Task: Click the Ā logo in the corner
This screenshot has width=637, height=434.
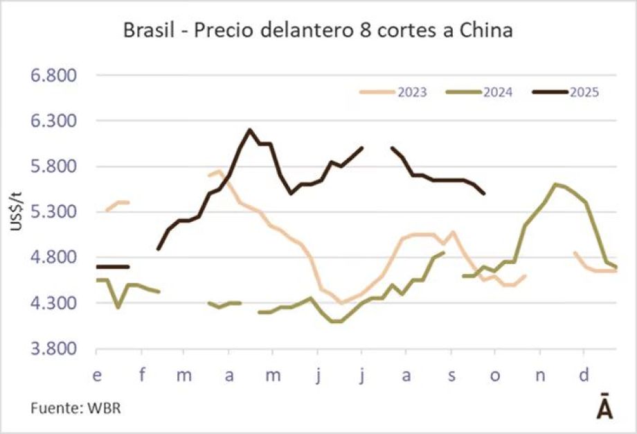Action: [604, 408]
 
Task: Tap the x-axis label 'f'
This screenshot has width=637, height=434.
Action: [143, 376]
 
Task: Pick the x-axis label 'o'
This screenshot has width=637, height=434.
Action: [494, 376]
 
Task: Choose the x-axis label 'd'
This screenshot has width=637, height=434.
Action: [584, 376]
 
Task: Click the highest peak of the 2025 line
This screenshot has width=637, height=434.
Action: [249, 130]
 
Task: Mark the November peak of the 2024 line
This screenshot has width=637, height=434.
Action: [555, 184]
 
